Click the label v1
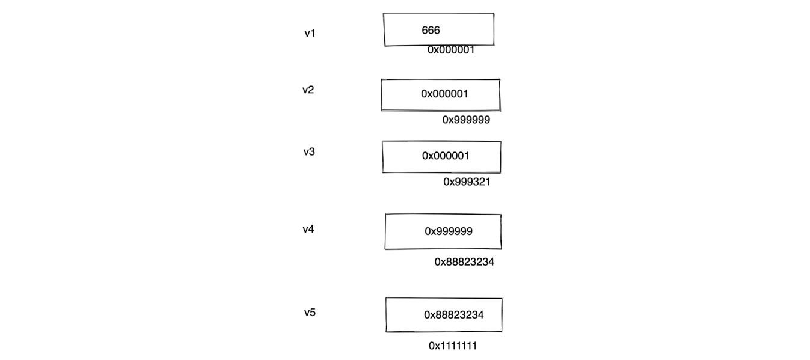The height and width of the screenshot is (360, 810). (310, 34)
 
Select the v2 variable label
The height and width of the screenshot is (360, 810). (308, 90)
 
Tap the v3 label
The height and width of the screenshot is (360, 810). (309, 152)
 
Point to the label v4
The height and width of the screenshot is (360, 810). (308, 230)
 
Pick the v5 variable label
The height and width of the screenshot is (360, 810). (310, 313)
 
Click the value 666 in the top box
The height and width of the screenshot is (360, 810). (431, 31)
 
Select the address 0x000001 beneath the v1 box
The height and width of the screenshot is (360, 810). (451, 50)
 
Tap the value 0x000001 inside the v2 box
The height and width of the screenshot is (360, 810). (444, 94)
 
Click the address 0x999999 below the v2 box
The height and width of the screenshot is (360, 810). (466, 120)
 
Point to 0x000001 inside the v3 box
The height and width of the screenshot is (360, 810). (446, 156)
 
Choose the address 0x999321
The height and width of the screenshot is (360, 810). (467, 182)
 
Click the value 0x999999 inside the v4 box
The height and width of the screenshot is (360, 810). (449, 231)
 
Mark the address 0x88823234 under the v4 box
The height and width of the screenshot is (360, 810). (464, 262)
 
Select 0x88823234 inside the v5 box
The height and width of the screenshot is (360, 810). (453, 315)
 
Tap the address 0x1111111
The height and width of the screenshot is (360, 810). (453, 346)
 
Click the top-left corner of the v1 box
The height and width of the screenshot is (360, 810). (384, 14)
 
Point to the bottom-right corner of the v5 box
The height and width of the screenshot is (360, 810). (502, 331)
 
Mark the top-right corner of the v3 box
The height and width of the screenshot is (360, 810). (500, 142)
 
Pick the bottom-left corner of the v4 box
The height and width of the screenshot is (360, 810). (385, 248)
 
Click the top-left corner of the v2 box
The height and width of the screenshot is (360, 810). (382, 80)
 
